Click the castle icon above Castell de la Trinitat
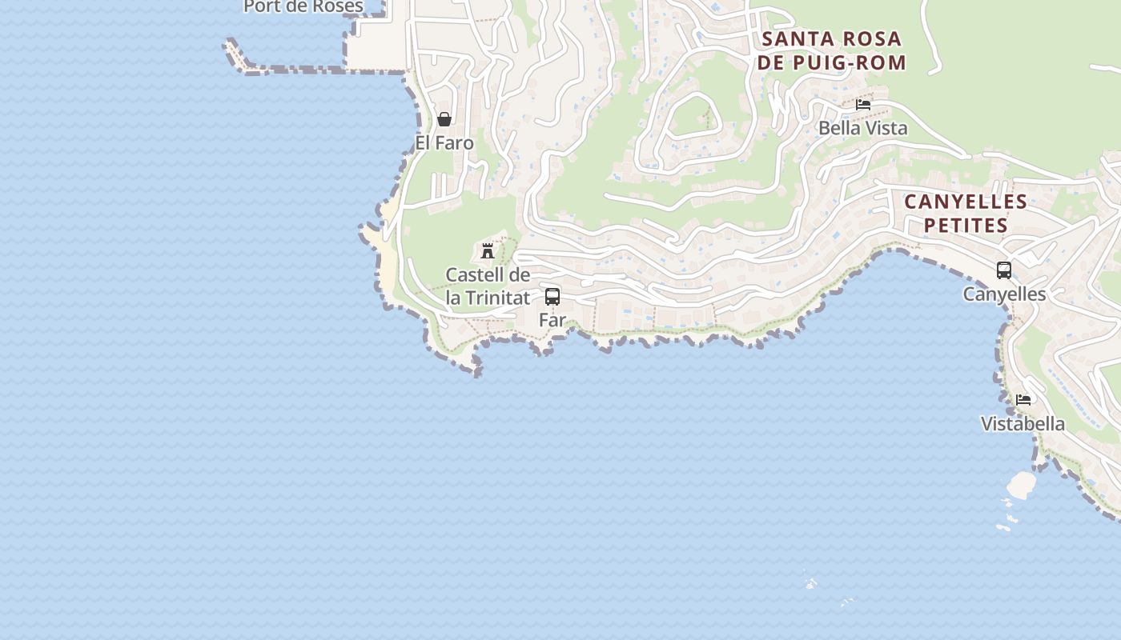tap(487, 251)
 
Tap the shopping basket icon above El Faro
tap(444, 120)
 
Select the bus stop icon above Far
tap(552, 297)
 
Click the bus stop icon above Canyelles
tap(1004, 270)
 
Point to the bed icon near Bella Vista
tap(863, 104)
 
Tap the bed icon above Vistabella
tap(1023, 400)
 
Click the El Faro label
tap(444, 143)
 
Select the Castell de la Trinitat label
tap(488, 286)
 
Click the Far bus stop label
tap(552, 320)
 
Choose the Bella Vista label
tap(863, 128)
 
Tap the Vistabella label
tap(1023, 424)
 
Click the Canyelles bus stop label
tap(1004, 294)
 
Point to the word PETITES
tap(966, 226)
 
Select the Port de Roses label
tap(303, 6)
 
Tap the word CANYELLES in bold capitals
tap(966, 202)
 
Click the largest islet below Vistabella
tap(1021, 485)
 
